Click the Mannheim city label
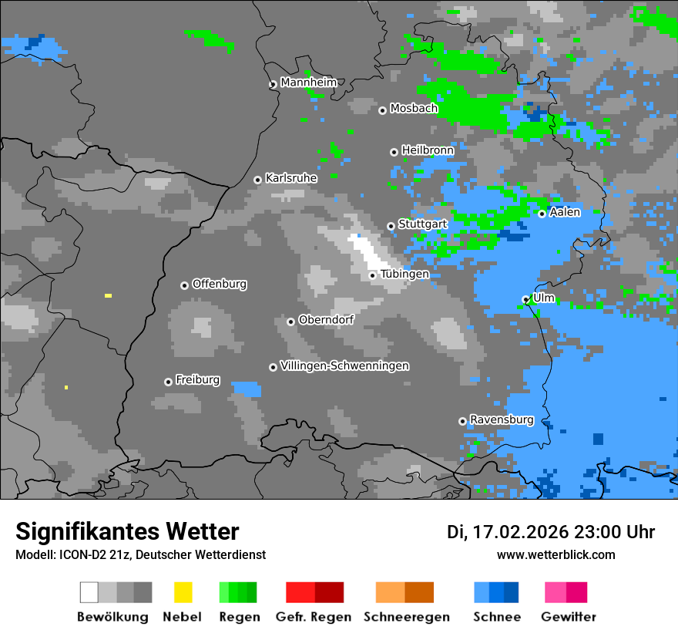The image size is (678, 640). (308, 83)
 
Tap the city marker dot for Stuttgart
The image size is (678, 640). (391, 226)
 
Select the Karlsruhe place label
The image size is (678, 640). (290, 178)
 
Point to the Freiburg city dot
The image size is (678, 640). (168, 382)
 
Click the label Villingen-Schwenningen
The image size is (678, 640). (344, 365)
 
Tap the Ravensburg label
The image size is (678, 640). (502, 419)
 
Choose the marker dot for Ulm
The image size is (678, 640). (525, 299)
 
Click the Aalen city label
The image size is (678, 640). (565, 212)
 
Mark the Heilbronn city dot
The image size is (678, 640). (394, 152)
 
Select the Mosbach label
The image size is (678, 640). (414, 109)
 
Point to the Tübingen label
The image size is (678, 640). (404, 274)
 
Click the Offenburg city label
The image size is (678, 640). (219, 284)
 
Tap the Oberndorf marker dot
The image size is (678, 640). (290, 322)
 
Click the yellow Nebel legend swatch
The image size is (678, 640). (183, 592)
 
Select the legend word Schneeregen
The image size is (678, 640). (406, 617)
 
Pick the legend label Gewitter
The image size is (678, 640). (568, 617)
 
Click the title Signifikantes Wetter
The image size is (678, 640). (127, 531)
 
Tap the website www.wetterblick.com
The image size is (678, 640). (555, 554)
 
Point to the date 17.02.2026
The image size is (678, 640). (521, 532)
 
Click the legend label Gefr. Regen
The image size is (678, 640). (314, 617)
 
